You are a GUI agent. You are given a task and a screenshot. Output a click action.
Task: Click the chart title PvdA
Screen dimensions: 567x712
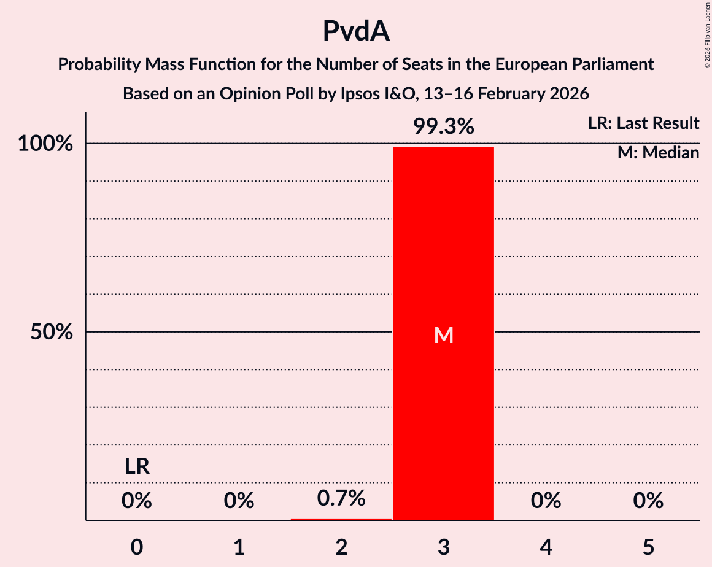coord(356,32)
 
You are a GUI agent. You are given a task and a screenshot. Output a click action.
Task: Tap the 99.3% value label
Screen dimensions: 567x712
coord(443,126)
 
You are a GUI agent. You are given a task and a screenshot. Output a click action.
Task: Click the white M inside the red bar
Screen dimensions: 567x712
coord(443,335)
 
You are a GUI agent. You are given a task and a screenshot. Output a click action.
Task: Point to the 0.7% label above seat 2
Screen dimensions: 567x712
coord(341,498)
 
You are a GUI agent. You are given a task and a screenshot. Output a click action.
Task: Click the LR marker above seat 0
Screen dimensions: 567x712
coord(137,467)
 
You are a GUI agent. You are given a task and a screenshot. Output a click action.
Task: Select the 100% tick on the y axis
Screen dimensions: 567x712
coord(45,144)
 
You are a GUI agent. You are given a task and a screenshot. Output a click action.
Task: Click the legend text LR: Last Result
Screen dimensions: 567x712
coord(643,123)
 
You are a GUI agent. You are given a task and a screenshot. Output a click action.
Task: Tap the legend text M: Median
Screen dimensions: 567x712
coord(658,153)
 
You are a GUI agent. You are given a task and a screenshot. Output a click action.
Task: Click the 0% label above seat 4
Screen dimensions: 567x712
coord(546,501)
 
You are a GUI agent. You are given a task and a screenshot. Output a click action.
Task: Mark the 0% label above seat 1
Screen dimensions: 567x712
coord(239,501)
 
